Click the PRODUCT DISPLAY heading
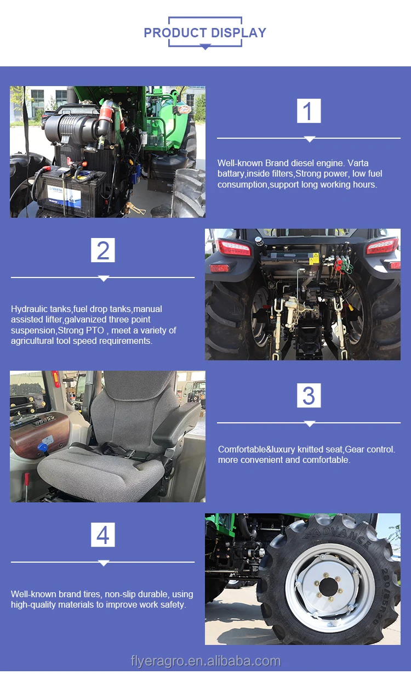pos(205,32)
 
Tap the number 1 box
pos(309,111)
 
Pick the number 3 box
pos(309,395)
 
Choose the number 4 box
pos(103,535)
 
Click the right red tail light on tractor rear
pos(382,246)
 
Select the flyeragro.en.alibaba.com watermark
pos(206,661)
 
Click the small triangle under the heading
pos(205,47)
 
